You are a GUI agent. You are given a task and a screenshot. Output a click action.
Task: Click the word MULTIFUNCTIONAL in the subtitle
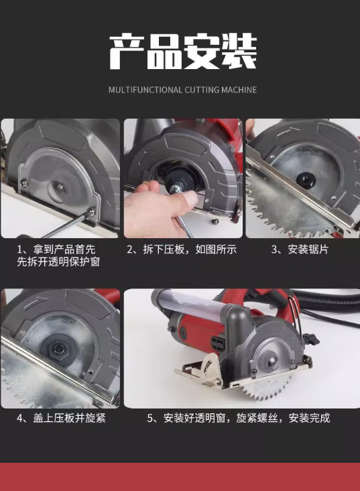pos(145,90)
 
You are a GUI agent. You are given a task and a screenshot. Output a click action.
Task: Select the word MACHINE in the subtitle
pos(239,90)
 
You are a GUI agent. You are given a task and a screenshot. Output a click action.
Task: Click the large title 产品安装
pos(183,52)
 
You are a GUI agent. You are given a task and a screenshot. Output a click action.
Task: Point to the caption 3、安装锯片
pos(300,250)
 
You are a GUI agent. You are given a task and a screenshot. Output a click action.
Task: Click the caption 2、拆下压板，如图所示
pos(182,250)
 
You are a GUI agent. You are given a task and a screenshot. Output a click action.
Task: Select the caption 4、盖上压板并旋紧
pos(61,418)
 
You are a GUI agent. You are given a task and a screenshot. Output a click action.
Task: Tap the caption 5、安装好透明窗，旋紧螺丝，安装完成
pos(239,418)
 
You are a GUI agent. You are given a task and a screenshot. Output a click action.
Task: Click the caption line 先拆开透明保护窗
pos(58,262)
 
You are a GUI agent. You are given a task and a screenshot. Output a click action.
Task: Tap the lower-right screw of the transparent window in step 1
pos(91,212)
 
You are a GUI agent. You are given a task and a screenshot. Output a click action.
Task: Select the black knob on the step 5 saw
pos(310,338)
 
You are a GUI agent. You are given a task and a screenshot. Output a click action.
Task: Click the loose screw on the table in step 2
pos(215,222)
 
